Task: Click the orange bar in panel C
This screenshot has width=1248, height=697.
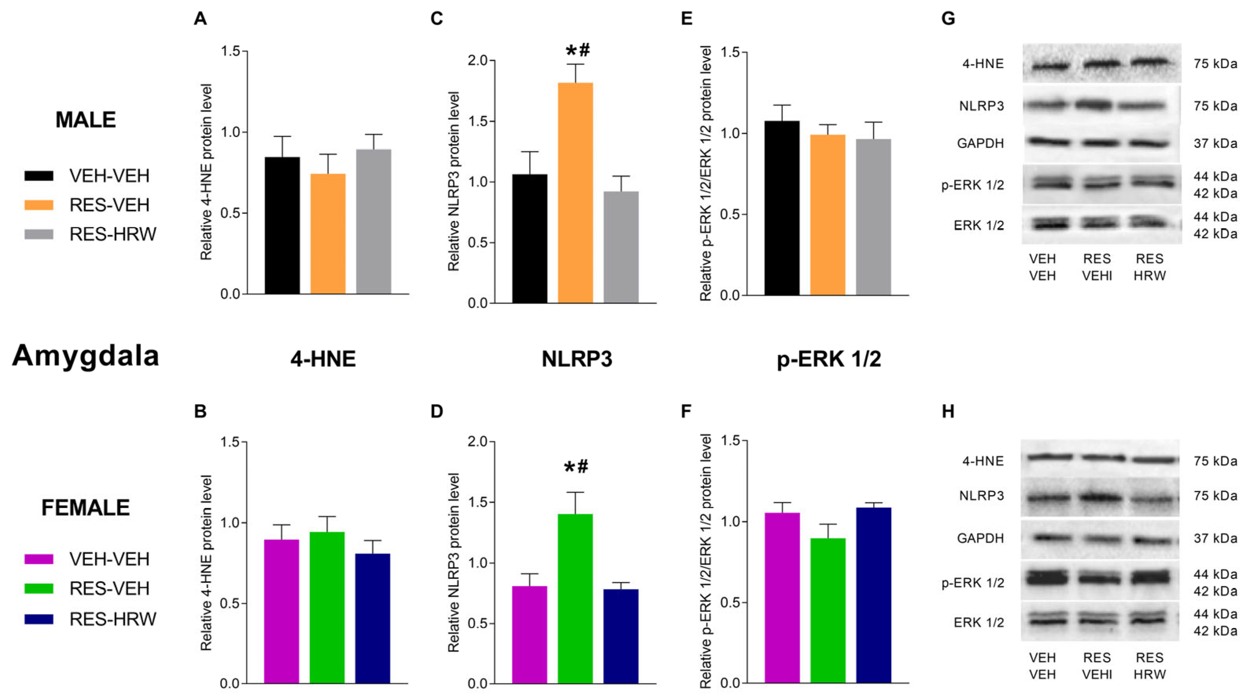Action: click(575, 193)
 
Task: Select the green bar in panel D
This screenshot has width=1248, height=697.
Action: click(575, 599)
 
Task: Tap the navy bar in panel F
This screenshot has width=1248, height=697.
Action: click(873, 595)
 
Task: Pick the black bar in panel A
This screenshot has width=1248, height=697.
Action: click(282, 226)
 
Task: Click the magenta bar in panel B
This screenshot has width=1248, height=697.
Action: click(281, 611)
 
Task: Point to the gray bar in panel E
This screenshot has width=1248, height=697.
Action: click(873, 217)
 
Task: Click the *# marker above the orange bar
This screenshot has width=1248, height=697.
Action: click(578, 50)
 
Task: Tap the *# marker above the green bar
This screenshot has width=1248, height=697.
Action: click(576, 467)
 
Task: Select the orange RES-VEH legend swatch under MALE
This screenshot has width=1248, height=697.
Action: click(39, 205)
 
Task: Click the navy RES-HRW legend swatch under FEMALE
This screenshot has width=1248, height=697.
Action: click(39, 619)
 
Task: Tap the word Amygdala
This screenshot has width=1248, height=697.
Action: click(86, 356)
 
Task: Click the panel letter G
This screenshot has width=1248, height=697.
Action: click(948, 18)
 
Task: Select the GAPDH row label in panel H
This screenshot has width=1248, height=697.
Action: click(980, 538)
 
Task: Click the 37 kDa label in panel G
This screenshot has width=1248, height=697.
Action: click(1215, 144)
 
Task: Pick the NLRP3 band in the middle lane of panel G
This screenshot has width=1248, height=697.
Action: click(1096, 105)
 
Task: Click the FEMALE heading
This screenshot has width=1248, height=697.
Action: click(86, 507)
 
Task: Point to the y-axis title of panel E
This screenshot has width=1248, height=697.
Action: click(705, 173)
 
